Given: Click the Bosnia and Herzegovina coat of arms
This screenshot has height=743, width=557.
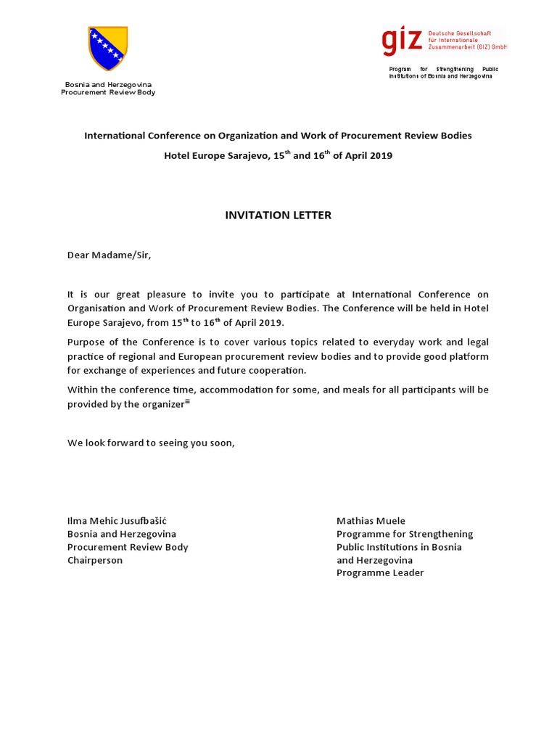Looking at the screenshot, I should [x=107, y=48].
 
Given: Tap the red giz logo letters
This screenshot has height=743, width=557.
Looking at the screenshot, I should [x=402, y=41].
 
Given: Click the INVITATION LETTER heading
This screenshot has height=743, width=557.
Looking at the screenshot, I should [x=278, y=215].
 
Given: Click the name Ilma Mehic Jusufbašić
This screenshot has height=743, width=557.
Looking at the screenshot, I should [x=122, y=521].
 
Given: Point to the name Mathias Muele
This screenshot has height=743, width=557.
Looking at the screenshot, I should [x=371, y=521].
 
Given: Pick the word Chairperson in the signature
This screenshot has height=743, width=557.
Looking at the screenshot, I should [x=95, y=560].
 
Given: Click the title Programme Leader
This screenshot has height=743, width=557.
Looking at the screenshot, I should [x=380, y=573].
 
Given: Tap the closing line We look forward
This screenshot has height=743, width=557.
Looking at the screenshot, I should [x=151, y=443].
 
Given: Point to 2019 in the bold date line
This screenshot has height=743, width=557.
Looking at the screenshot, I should [x=380, y=156].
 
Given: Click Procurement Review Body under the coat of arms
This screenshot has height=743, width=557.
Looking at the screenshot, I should [x=108, y=92].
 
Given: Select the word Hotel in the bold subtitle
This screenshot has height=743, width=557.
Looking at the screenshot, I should [x=178, y=156].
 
